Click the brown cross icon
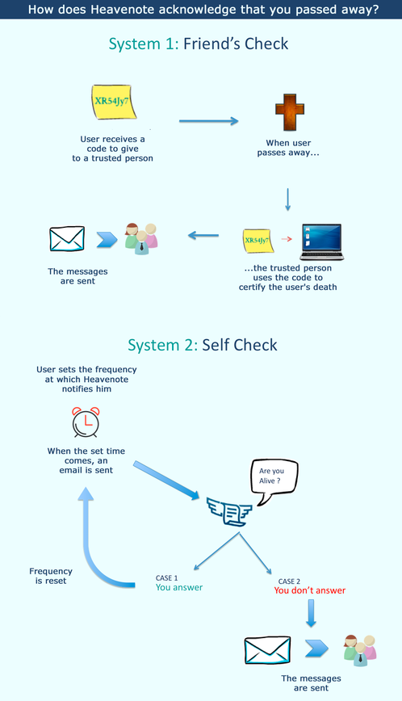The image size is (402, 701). pyautogui.click(x=290, y=111)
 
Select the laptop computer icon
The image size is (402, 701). pyautogui.click(x=321, y=241)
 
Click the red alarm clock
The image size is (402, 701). pyautogui.click(x=86, y=422)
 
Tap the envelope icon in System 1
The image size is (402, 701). pyautogui.click(x=67, y=239)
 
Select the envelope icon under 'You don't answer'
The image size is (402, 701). pyautogui.click(x=267, y=650)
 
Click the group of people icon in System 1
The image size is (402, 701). pyautogui.click(x=141, y=239)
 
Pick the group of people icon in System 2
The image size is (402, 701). pyautogui.click(x=360, y=650)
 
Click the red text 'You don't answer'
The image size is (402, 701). pyautogui.click(x=309, y=590)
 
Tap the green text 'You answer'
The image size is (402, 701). pyautogui.click(x=179, y=587)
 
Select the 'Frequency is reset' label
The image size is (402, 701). pyautogui.click(x=51, y=576)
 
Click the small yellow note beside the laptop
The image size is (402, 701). pyautogui.click(x=257, y=241)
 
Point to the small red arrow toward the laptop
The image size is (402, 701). pyautogui.click(x=287, y=239)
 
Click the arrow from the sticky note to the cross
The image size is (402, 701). pyautogui.click(x=208, y=120)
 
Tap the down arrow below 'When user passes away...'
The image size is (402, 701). pyautogui.click(x=287, y=199)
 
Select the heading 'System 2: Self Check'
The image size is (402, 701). pyautogui.click(x=203, y=345)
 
